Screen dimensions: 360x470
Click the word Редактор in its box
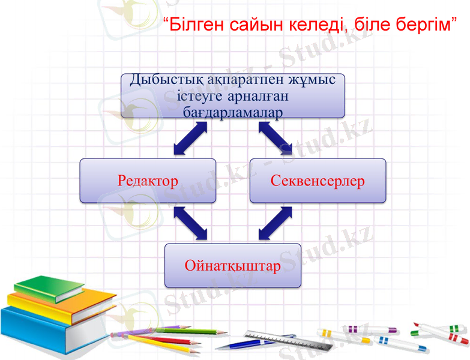[148, 181]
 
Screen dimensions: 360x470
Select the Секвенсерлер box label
[318, 181]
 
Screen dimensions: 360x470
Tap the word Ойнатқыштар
[232, 265]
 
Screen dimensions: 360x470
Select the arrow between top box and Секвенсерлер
[275, 138]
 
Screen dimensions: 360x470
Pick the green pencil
[180, 331]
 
